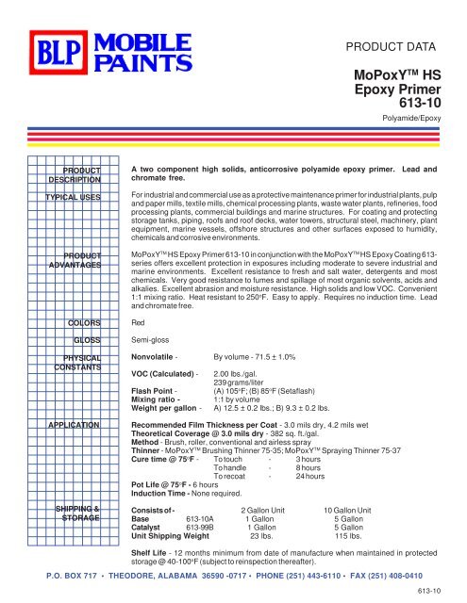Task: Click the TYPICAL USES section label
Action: click(75, 199)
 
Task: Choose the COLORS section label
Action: click(83, 321)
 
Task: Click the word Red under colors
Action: click(138, 321)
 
